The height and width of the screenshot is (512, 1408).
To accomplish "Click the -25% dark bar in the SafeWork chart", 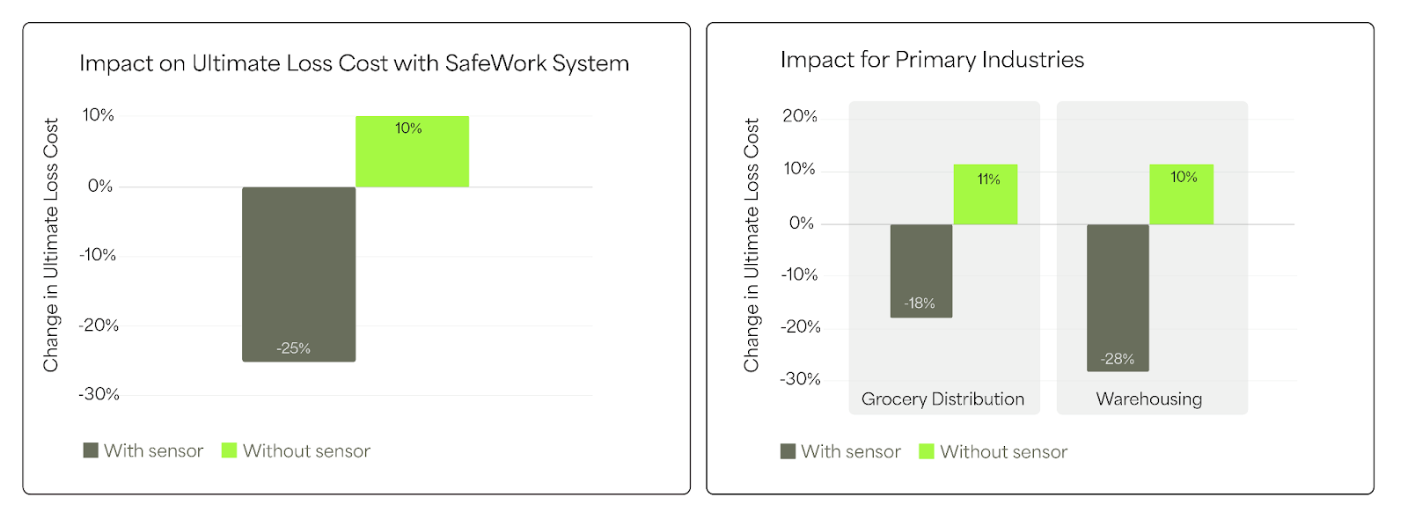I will pyautogui.click(x=298, y=274).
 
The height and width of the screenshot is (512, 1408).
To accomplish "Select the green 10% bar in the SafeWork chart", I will pyautogui.click(x=412, y=151).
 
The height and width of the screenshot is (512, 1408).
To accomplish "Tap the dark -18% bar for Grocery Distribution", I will pyautogui.click(x=921, y=270).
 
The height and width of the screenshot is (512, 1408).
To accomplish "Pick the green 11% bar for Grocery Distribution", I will pyautogui.click(x=986, y=194).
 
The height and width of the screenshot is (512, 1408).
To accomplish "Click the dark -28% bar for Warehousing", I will pyautogui.click(x=1118, y=297).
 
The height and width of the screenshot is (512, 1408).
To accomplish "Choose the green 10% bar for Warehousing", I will pyautogui.click(x=1181, y=194).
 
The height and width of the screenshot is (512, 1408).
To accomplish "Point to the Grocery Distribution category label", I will pyautogui.click(x=942, y=399).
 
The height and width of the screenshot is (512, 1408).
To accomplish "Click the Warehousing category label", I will pyautogui.click(x=1148, y=399).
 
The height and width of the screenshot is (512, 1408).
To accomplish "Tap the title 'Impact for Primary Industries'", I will pyautogui.click(x=932, y=60).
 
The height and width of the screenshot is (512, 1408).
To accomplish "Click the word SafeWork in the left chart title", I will pyautogui.click(x=495, y=63).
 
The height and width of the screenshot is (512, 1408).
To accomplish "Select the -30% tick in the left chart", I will pyautogui.click(x=99, y=394).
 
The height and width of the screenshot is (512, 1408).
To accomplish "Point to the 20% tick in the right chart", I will pyautogui.click(x=800, y=116).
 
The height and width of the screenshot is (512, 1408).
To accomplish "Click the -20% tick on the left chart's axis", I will pyautogui.click(x=99, y=325).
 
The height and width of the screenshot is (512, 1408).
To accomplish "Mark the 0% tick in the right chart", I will pyautogui.click(x=802, y=223).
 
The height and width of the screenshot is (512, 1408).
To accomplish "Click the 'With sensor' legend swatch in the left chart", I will pyautogui.click(x=91, y=450).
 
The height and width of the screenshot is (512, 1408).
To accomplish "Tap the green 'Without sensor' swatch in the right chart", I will pyautogui.click(x=926, y=451).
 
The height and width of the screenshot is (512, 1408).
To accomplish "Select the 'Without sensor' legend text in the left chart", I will pyautogui.click(x=306, y=450).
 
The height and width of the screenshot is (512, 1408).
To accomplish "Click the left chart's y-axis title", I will pyautogui.click(x=51, y=245).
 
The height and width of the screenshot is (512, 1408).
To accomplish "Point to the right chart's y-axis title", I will pyautogui.click(x=752, y=245).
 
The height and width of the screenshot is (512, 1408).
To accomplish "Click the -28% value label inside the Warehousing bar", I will pyautogui.click(x=1117, y=359).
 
